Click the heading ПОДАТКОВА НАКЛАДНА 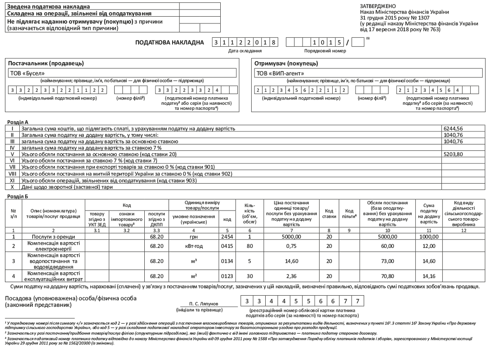click(x=169, y=42)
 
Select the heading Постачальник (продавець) click(x=46, y=63)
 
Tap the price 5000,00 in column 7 click(x=292, y=236)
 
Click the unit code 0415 click(x=227, y=246)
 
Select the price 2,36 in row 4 click(x=292, y=275)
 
